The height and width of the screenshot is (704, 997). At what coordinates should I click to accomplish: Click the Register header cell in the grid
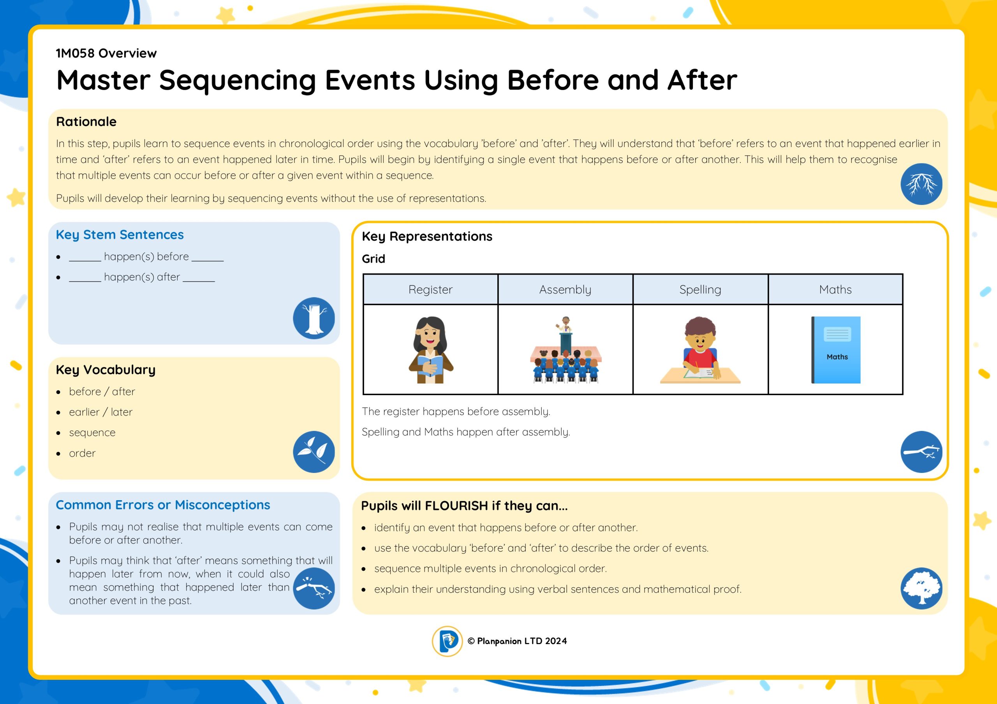[430, 289]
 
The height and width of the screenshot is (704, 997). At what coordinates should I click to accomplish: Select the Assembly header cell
[565, 289]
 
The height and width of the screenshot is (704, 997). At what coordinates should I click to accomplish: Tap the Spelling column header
[700, 289]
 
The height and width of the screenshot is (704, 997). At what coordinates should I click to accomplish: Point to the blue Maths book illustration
[836, 350]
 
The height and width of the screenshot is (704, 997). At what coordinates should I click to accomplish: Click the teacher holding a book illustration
[431, 350]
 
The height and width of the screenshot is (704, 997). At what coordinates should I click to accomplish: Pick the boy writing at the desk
[700, 350]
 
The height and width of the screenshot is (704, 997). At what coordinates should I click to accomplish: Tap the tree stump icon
[314, 318]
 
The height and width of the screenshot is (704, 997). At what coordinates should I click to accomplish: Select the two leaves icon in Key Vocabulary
[314, 452]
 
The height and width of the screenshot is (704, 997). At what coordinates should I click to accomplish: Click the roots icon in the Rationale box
[921, 184]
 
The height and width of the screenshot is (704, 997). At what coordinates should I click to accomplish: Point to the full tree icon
[921, 588]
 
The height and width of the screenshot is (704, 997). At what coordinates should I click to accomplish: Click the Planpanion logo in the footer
[447, 641]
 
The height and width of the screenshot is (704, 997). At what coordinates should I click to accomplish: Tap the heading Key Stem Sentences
[120, 235]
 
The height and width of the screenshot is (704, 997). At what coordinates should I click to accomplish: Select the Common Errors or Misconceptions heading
[163, 505]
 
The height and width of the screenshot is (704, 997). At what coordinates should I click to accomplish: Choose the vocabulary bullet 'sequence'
[92, 433]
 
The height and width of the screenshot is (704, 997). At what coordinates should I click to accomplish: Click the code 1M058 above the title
[75, 53]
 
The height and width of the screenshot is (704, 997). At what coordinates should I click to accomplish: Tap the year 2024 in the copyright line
[556, 641]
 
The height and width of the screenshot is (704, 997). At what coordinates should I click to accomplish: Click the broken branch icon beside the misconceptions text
[314, 588]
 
